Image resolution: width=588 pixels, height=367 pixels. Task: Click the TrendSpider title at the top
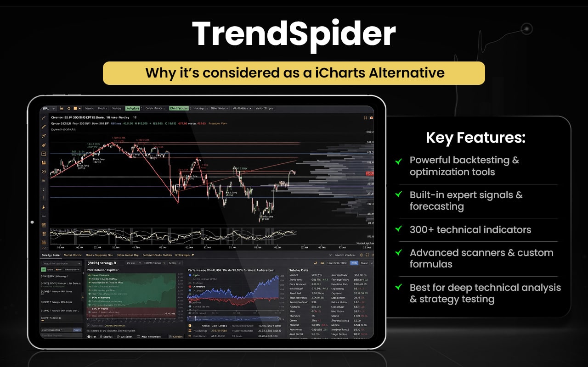(x=294, y=34)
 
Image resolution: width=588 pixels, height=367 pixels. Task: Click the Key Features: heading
(x=475, y=138)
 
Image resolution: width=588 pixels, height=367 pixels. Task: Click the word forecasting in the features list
(x=436, y=206)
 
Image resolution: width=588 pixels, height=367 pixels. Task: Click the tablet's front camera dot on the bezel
(x=32, y=222)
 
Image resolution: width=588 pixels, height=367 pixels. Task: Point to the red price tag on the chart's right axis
(x=369, y=173)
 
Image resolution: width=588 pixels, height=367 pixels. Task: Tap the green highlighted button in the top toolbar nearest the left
(x=132, y=109)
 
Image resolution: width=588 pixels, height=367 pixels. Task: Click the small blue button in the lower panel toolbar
(x=354, y=263)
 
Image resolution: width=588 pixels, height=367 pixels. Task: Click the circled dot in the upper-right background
(x=526, y=28)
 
